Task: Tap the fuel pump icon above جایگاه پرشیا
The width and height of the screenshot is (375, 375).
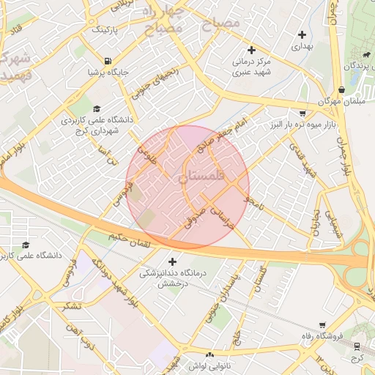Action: pos(108,61)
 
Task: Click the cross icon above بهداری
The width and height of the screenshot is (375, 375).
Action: pos(302,34)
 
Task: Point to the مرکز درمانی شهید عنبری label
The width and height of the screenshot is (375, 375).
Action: pos(253,67)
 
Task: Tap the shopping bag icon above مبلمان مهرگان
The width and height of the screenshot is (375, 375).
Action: pos(323,89)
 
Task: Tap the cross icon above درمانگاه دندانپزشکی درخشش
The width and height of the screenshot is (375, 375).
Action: pos(173,261)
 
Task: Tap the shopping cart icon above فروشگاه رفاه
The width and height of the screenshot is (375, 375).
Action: pos(323,324)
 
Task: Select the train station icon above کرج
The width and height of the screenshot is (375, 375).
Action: pos(357,347)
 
